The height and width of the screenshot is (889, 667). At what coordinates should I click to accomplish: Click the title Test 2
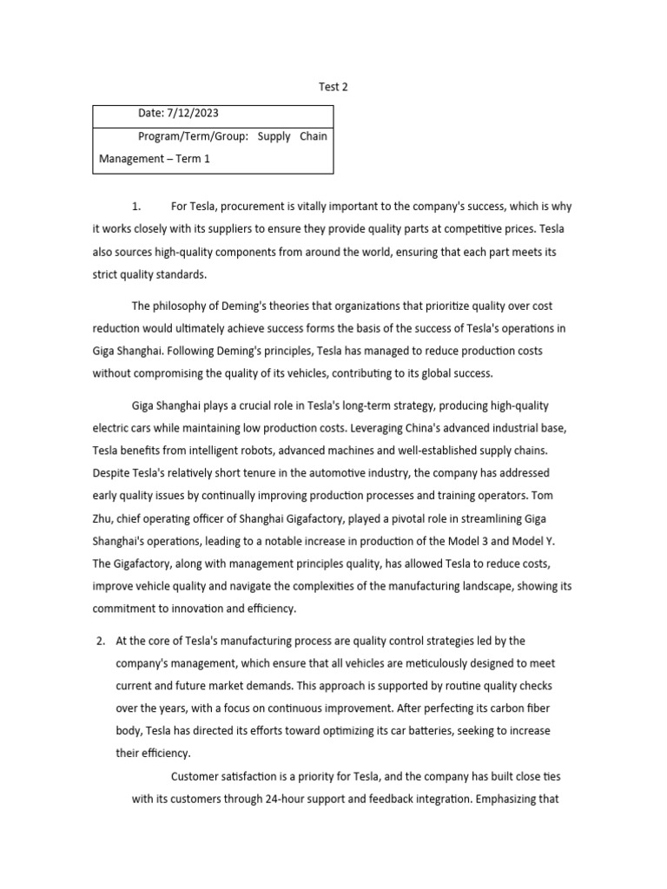pos(333,87)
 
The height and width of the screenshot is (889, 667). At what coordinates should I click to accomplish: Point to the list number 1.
pos(135,207)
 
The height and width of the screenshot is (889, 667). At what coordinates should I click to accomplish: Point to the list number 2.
pos(101,641)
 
